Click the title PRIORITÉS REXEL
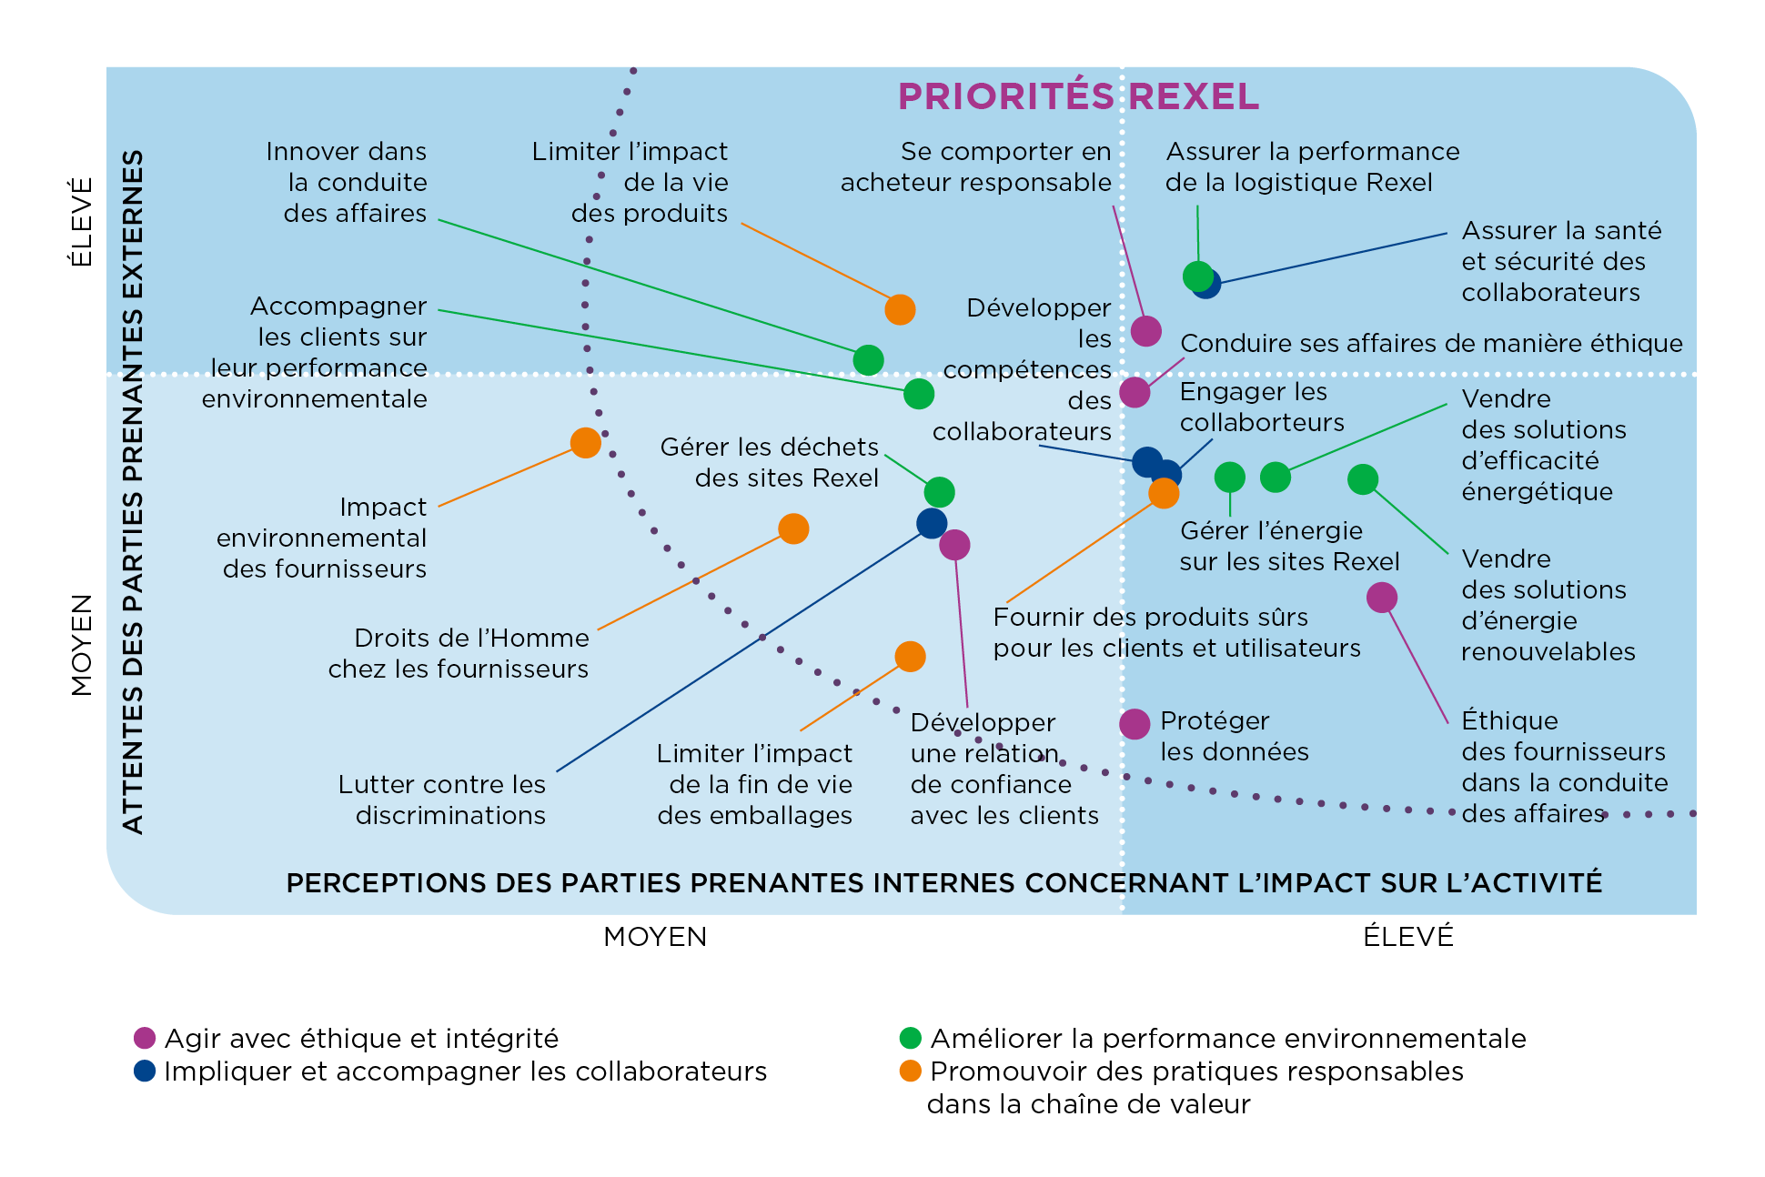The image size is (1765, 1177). pos(1078,96)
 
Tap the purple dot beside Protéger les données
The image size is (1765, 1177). pos(1135,724)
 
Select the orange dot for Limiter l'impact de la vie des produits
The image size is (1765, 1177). pos(900,309)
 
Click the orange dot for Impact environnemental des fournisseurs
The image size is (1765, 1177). pos(585,443)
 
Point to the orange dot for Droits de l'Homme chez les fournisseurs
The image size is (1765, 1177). pos(793,528)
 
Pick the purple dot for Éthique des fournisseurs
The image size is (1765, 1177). pos(1381,598)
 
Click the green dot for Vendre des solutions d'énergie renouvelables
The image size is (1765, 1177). pos(1362,478)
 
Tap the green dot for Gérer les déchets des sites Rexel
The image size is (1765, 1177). pos(939,492)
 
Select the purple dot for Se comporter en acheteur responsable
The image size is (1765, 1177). pos(1145,331)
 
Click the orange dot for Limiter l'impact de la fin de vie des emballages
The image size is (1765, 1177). pos(910,656)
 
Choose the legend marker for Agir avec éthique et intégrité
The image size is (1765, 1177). pos(145,1038)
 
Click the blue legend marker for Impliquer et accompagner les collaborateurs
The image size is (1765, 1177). pos(145,1071)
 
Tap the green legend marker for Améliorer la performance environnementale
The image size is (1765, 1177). pos(910,1038)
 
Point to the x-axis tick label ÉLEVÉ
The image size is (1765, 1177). pos(1407,937)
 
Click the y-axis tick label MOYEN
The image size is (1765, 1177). pos(82,645)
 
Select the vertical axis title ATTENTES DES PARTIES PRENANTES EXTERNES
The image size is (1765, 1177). pos(133,491)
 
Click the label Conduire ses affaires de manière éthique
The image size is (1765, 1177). pos(1430,344)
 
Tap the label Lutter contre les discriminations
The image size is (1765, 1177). pos(442,800)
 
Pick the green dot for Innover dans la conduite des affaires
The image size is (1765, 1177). pos(868,360)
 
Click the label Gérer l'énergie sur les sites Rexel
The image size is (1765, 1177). pos(1288,546)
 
